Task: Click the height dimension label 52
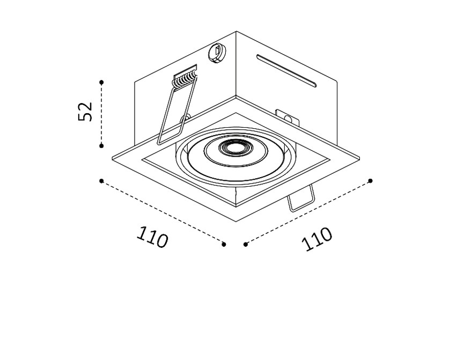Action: [x=86, y=112]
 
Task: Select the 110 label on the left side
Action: [x=153, y=237]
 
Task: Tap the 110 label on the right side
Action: [x=317, y=239]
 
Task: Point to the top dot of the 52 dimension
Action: [x=101, y=82]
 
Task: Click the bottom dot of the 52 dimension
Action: [x=101, y=145]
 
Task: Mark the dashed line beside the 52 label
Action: [x=101, y=114]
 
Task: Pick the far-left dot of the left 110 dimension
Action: [x=101, y=181]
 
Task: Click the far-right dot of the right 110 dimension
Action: [x=371, y=181]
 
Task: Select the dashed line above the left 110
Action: [x=163, y=212]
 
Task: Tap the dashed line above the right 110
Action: [x=308, y=212]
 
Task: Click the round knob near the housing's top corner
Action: [x=217, y=52]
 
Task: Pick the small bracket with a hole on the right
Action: [x=286, y=117]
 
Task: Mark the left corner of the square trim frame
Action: [x=113, y=158]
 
